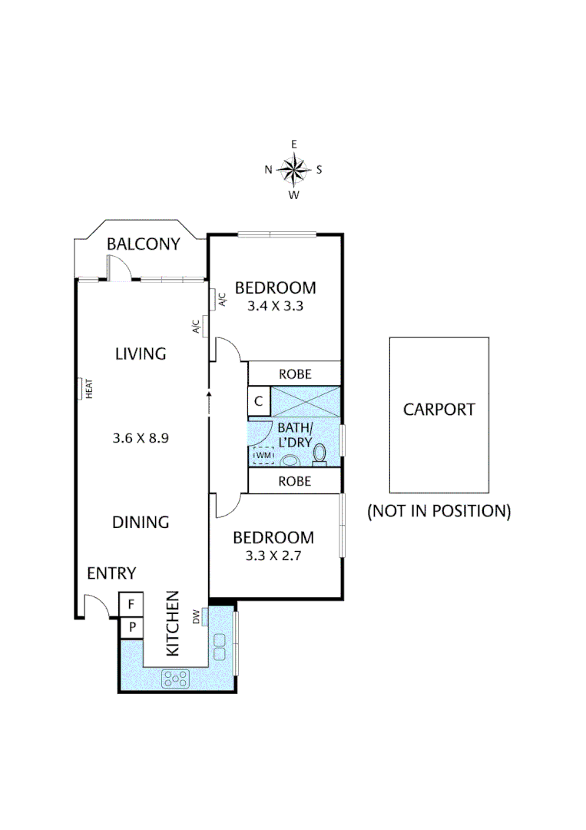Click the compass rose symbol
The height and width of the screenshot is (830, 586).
tap(293, 170)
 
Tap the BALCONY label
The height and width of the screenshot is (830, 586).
tap(143, 244)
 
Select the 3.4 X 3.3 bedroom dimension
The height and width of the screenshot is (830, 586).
tap(275, 305)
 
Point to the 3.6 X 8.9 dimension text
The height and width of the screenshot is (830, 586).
tap(140, 439)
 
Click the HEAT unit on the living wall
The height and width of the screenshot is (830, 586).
tap(81, 388)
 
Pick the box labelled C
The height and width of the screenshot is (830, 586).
tap(259, 400)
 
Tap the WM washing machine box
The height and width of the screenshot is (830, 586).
tap(264, 456)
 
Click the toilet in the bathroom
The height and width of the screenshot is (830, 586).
tap(320, 455)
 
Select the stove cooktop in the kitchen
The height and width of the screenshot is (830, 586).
tap(176, 678)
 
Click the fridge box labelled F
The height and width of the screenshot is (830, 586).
tap(131, 604)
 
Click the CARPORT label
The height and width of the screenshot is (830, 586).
tap(439, 410)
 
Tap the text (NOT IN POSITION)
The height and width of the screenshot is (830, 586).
tap(439, 510)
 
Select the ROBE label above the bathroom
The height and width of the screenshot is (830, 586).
tap(294, 374)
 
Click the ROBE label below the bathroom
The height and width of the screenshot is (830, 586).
tap(294, 481)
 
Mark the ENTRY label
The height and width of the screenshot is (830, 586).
tap(111, 573)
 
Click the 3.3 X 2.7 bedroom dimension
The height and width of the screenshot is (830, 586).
tap(273, 555)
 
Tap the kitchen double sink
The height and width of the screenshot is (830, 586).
tap(220, 646)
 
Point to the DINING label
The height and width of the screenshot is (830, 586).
tap(141, 523)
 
